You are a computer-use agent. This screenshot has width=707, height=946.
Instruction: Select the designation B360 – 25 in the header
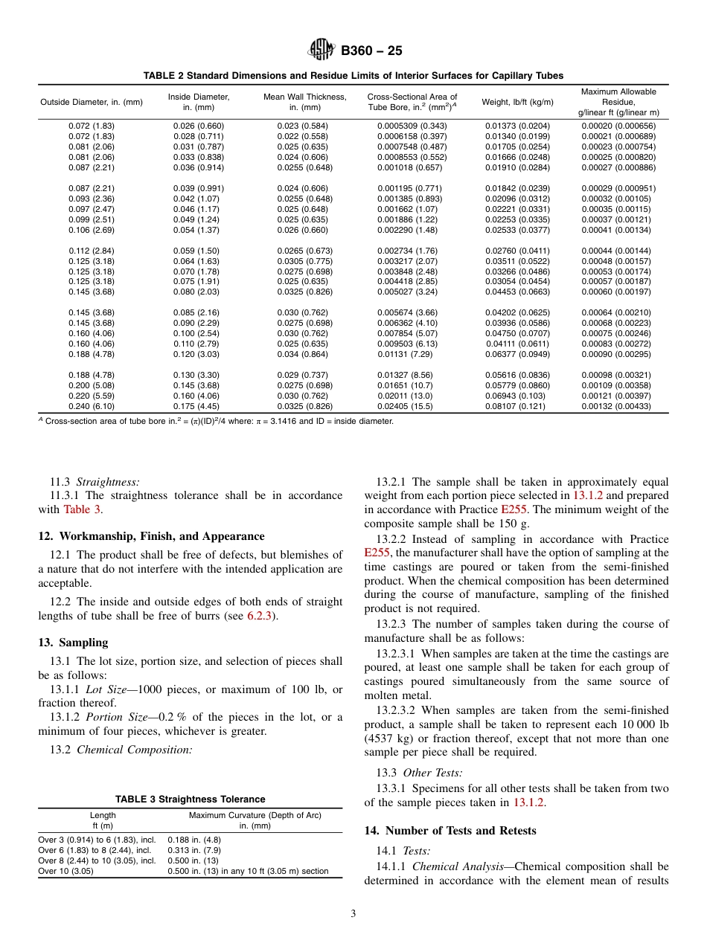(371, 51)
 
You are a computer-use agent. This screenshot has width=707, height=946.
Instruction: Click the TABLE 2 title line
(353, 76)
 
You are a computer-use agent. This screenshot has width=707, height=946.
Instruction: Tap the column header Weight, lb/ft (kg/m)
(518, 102)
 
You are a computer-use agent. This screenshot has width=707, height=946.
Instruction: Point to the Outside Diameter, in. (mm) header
(92, 102)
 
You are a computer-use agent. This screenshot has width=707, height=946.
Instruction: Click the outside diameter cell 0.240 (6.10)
(92, 407)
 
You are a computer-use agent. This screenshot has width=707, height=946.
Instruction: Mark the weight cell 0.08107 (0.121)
(518, 407)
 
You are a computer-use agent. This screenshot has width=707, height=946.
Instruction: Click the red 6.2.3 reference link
(260, 616)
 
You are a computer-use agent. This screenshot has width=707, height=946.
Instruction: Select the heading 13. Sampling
(73, 643)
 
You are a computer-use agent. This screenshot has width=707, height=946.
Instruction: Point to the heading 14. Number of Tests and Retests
(450, 830)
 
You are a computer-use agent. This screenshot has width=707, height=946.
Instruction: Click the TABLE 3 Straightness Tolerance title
(190, 799)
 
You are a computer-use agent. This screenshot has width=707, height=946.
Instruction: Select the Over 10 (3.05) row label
(66, 871)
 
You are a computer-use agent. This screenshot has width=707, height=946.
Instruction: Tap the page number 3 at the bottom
(353, 914)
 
